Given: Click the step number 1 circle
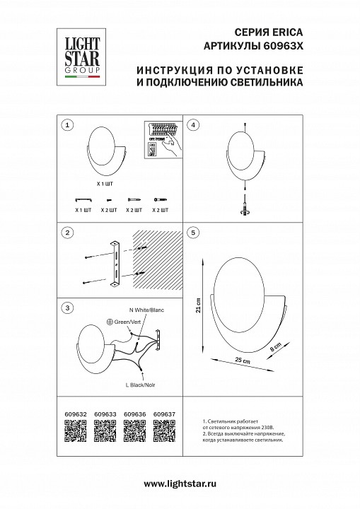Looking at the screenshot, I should point(66,125).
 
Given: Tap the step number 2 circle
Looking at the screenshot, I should point(66,233).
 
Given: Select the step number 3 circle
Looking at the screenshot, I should point(66,308).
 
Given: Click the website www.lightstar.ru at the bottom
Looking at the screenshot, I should point(180,483).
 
